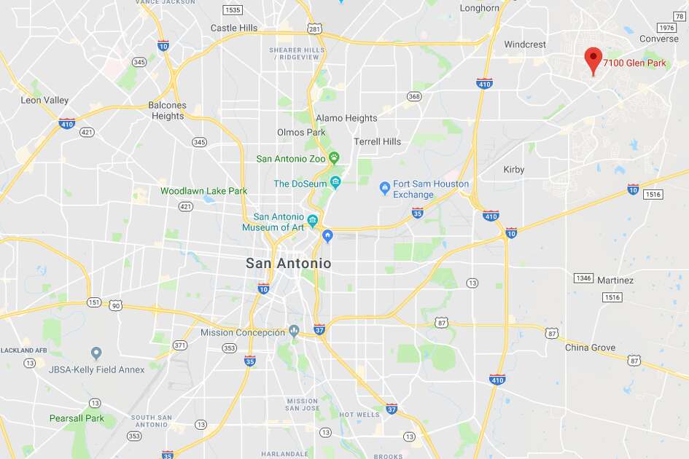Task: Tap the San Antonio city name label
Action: coord(288,263)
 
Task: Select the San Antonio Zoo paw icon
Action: coord(334,157)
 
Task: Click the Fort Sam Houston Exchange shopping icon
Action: coord(384,189)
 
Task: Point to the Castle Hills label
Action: coord(234,28)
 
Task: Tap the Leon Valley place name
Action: coord(44,101)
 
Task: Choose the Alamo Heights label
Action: coord(346,118)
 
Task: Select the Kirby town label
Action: coord(514,170)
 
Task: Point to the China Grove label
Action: coord(591,348)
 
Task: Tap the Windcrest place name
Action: coord(525,44)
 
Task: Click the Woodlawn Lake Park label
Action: coord(203,191)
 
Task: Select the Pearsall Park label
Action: coord(77,418)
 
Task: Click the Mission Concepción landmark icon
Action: coord(294,331)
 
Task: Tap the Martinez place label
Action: coord(615,280)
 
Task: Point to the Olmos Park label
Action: coord(301,133)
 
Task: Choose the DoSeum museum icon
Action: coord(335,181)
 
